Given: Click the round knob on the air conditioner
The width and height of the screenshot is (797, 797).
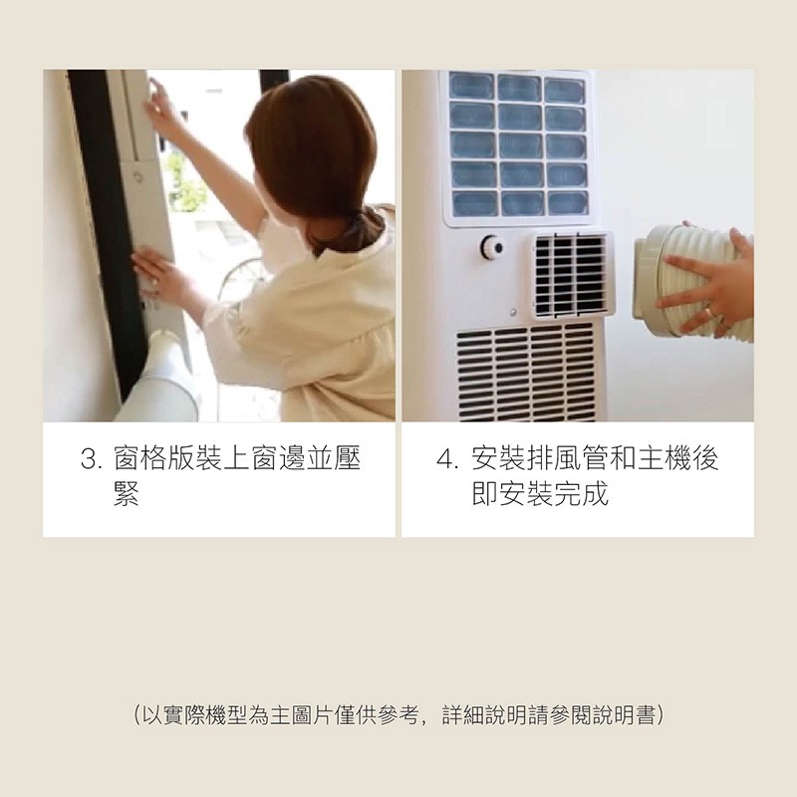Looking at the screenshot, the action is tap(492, 247).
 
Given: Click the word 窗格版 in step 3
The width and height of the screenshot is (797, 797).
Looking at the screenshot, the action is tap(153, 458).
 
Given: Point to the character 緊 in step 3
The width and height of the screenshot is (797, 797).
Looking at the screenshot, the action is tap(127, 493).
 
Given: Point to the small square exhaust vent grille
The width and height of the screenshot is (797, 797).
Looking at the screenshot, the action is tap(571, 275).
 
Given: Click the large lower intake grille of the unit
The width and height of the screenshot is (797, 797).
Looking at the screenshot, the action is tap(526, 375).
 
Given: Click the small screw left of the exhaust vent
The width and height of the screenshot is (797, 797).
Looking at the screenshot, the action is tap(513, 311).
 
